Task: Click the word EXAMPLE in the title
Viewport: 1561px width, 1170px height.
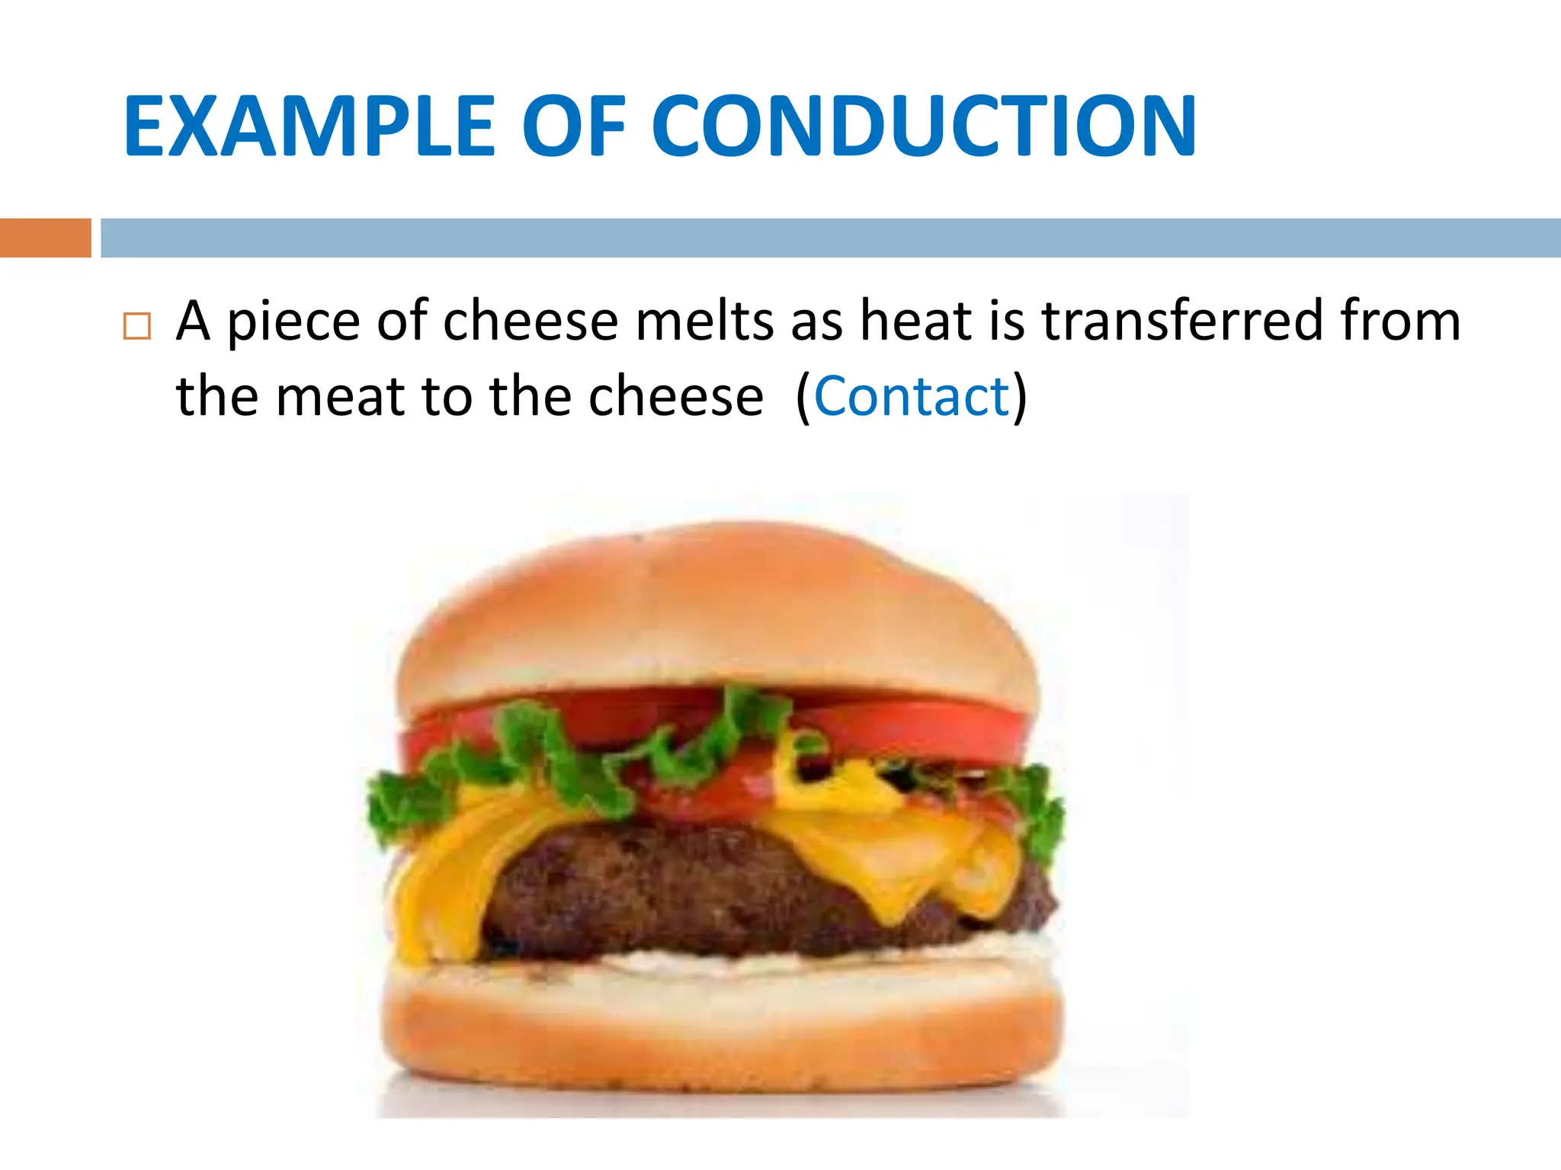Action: [x=309, y=126]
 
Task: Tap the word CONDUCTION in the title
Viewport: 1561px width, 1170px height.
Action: [x=924, y=126]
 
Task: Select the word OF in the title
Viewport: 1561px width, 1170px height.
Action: [x=573, y=126]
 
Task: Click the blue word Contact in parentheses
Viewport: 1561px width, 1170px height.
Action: [x=912, y=397]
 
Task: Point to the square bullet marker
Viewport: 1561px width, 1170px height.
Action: [x=137, y=326]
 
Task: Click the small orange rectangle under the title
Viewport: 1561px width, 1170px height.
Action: [x=45, y=238]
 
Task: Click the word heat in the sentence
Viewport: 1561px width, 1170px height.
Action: [x=916, y=321]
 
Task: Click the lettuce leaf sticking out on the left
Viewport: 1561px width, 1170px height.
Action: [x=404, y=800]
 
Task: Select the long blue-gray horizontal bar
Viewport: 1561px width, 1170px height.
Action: [x=831, y=238]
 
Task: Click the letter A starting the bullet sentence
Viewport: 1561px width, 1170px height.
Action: [x=193, y=321]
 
